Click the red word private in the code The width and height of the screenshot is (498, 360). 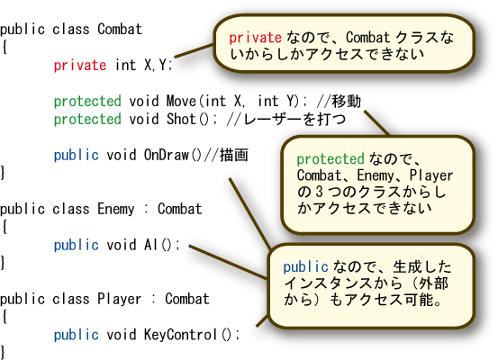click(80, 65)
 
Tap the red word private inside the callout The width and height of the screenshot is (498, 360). click(255, 38)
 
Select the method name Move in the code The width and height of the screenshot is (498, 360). click(181, 101)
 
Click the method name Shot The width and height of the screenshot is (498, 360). click(181, 119)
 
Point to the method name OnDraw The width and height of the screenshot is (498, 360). click(167, 155)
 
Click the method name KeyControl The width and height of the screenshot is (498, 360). click(180, 335)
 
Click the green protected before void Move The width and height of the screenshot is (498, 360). click(87, 102)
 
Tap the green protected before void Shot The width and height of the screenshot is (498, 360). click(87, 120)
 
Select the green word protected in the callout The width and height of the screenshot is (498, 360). click(330, 158)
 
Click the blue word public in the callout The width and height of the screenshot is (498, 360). click(305, 266)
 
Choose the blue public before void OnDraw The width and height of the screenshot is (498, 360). click(77, 155)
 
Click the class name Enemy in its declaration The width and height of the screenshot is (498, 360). click(116, 209)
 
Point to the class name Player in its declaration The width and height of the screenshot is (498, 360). click(120, 299)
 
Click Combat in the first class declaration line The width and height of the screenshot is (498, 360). click(120, 29)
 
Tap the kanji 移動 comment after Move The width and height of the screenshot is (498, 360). click(347, 101)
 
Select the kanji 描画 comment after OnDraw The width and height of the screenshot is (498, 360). click(234, 155)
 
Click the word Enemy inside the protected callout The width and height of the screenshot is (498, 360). click(376, 175)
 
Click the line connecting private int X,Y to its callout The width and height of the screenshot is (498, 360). click(194, 51)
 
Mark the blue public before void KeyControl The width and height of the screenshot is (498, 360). click(77, 335)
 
